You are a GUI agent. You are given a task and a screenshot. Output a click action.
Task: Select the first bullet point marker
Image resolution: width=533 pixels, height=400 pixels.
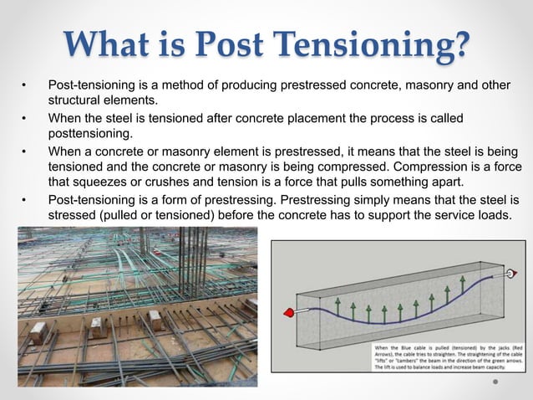[x=24, y=86]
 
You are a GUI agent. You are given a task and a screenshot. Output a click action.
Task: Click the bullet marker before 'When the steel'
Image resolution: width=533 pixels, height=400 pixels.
[x=24, y=118]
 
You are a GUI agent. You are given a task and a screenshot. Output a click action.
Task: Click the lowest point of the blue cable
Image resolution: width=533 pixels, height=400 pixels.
[x=384, y=323]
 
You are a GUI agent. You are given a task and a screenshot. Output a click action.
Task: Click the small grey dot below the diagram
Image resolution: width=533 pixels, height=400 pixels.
[x=495, y=384]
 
